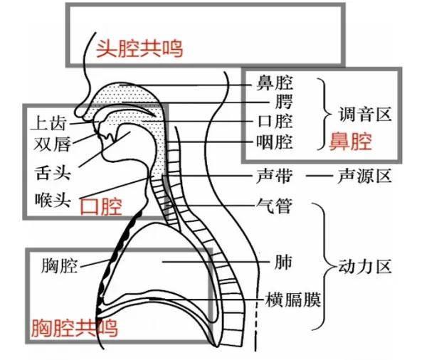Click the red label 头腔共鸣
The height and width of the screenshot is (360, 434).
[x=139, y=48]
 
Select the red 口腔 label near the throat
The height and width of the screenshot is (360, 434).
[x=100, y=206]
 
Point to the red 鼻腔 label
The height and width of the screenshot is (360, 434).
[x=350, y=142]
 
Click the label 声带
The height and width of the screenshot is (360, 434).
[x=273, y=175]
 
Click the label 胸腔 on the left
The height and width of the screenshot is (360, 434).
[x=59, y=267]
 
